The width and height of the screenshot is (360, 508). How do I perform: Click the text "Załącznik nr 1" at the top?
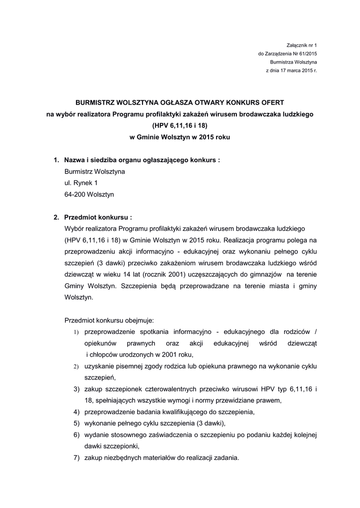point(301,45)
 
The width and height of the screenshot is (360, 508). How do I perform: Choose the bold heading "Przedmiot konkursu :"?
point(98,217)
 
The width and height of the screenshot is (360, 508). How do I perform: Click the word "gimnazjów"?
point(268,274)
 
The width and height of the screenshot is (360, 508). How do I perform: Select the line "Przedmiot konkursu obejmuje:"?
point(109,320)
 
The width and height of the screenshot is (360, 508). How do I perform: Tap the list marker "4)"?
point(76,412)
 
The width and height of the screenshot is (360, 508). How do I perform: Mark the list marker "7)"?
point(76,458)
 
